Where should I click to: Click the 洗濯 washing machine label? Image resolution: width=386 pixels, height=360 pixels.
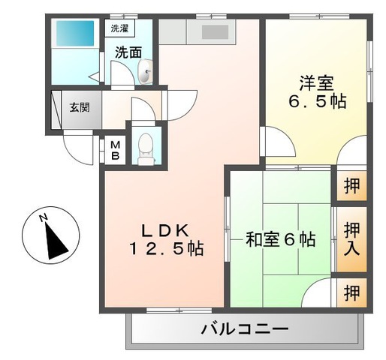pyautogui.click(x=119, y=28)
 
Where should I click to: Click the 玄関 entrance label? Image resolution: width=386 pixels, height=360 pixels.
pyautogui.click(x=80, y=106)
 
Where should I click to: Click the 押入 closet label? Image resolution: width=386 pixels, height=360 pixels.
pyautogui.click(x=351, y=238)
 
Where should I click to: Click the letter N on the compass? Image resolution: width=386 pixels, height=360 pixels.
pyautogui.click(x=44, y=219)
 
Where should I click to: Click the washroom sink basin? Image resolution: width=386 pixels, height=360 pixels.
pyautogui.click(x=146, y=73)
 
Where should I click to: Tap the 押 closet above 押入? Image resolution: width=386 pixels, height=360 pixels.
pyautogui.click(x=351, y=186)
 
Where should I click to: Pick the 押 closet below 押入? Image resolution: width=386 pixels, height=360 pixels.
pyautogui.click(x=351, y=292)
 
